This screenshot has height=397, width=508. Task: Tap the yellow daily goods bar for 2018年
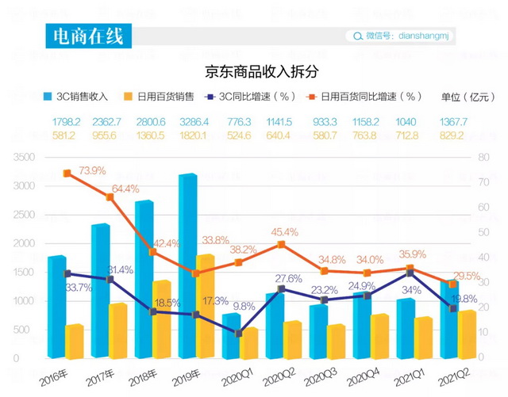(162, 320)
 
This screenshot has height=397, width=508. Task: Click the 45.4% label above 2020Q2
(284, 232)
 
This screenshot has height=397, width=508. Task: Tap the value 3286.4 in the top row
(194, 122)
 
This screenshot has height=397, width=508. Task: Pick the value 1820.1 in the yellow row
(194, 135)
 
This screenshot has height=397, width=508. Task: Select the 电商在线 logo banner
(87, 36)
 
